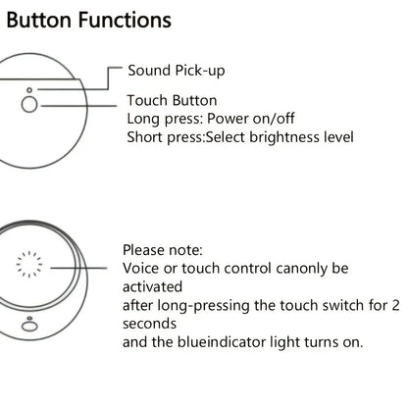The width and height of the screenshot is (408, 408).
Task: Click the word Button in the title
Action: [x=38, y=20]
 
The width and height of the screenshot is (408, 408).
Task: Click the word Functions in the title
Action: [x=125, y=20]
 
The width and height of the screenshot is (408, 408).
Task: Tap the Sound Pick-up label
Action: [x=177, y=71]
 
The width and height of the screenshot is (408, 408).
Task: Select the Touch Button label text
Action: [x=172, y=100]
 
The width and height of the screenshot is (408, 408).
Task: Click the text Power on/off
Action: [x=251, y=119]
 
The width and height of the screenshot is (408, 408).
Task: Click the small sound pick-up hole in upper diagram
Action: [x=29, y=90]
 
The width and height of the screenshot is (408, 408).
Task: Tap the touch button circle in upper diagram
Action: [x=29, y=105]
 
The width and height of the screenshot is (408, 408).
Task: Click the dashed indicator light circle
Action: [x=29, y=264]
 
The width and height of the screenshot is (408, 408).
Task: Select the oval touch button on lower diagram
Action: [x=29, y=326]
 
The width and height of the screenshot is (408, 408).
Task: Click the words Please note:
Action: [x=163, y=250]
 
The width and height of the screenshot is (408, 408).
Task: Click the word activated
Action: [x=152, y=286]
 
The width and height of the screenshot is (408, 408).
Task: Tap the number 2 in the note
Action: [x=395, y=305]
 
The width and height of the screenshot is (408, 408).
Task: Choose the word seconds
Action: [x=149, y=324]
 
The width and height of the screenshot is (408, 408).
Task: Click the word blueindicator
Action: [x=222, y=342]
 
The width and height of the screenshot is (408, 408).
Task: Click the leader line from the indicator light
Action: [x=78, y=268]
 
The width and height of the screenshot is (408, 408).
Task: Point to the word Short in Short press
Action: [x=144, y=137]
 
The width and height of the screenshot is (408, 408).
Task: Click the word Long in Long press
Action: [x=143, y=119]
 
